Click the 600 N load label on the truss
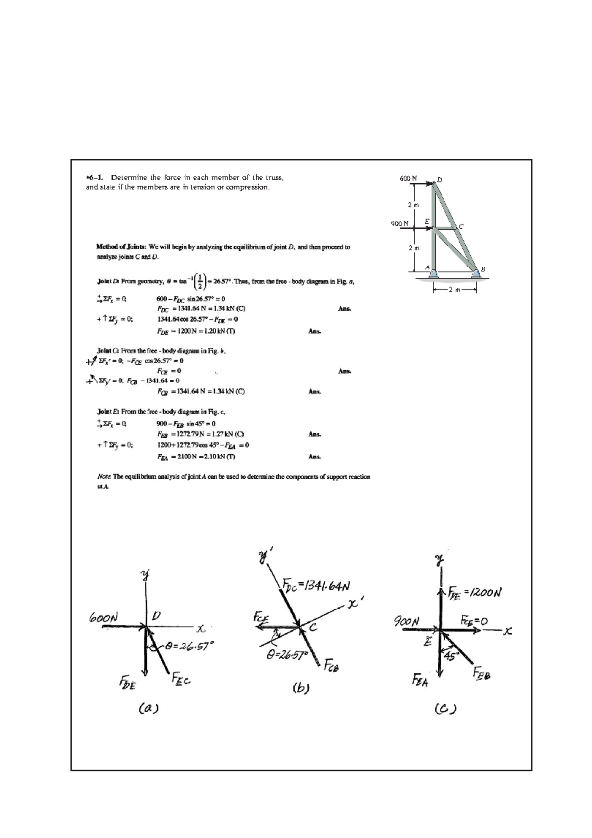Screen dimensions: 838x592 coord(408,178)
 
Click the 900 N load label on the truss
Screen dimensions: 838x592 coord(400,223)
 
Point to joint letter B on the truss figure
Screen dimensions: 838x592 coord(483,269)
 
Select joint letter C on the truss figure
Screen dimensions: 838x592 coord(461,226)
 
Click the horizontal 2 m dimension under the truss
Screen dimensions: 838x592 coord(454,290)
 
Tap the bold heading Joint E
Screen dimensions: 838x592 coord(109,411)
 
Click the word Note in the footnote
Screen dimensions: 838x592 coord(104,477)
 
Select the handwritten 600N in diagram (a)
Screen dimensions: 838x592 coord(104,618)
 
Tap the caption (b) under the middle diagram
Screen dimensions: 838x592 coord(300,687)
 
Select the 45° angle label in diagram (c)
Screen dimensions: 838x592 coord(451,656)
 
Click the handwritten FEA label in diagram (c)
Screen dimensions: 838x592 coord(420,682)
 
